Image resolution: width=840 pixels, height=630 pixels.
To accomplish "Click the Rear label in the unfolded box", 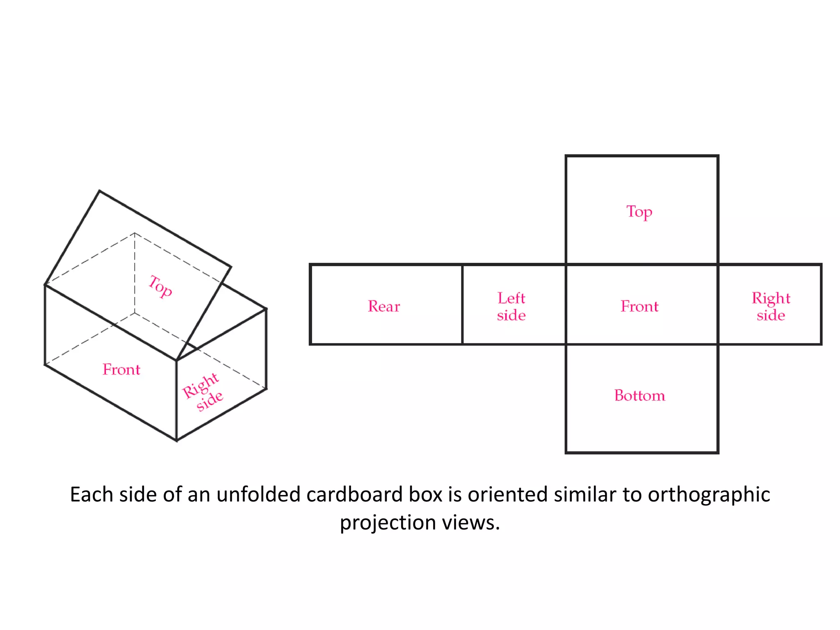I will click(x=383, y=306).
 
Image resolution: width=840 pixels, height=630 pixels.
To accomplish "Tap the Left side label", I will click(x=511, y=307).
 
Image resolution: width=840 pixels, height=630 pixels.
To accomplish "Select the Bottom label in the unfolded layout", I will click(x=639, y=395).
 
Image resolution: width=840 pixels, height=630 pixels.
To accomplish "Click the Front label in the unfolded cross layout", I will click(x=639, y=306).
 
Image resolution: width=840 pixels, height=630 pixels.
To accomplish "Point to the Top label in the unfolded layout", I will click(x=639, y=212).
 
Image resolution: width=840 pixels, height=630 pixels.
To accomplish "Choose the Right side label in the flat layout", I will click(x=771, y=307).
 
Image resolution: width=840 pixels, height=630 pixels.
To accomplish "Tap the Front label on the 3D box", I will click(x=121, y=370).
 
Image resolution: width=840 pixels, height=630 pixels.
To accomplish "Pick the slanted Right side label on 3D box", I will click(x=203, y=392).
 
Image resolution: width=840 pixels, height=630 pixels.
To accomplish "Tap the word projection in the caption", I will click(x=388, y=523).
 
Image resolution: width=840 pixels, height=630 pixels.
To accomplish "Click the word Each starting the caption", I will click(x=91, y=495).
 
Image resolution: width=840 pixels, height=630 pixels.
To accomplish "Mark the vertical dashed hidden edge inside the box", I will click(x=135, y=273).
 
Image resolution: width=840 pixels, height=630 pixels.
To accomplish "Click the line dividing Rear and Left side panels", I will click(x=462, y=304).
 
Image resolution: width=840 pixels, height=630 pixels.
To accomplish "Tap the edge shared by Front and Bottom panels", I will click(x=642, y=345).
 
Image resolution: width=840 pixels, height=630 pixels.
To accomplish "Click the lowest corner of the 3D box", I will click(x=177, y=441).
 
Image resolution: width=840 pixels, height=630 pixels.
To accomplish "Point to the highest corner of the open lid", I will click(x=100, y=191).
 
